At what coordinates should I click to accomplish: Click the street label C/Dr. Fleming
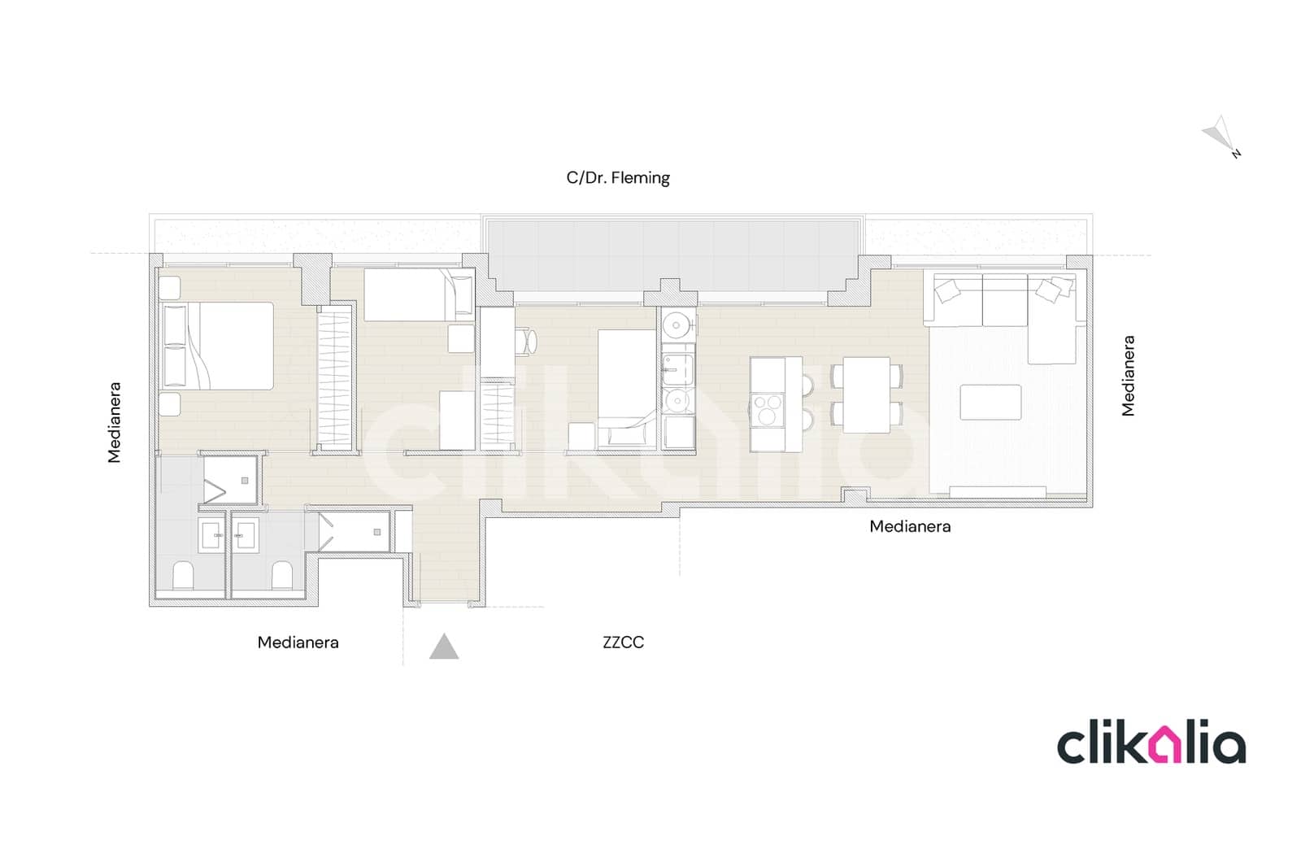coord(618,177)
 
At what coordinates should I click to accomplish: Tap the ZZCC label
coord(623,642)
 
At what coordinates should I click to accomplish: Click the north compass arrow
coord(1221,135)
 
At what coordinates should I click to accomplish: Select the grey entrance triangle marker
coord(444,647)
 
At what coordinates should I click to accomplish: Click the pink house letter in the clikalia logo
coord(1169,747)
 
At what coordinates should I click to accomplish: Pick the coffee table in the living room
coord(990,402)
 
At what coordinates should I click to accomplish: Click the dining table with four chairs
coord(866,395)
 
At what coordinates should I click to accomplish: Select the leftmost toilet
coord(184,575)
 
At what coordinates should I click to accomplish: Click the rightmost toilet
coord(281,575)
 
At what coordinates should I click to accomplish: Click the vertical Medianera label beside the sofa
coord(1128,376)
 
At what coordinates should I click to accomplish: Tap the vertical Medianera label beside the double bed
coord(115,422)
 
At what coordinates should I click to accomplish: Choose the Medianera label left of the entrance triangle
coord(298,642)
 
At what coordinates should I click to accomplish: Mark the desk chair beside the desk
coord(527,341)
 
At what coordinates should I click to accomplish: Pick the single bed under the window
coord(418,294)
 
